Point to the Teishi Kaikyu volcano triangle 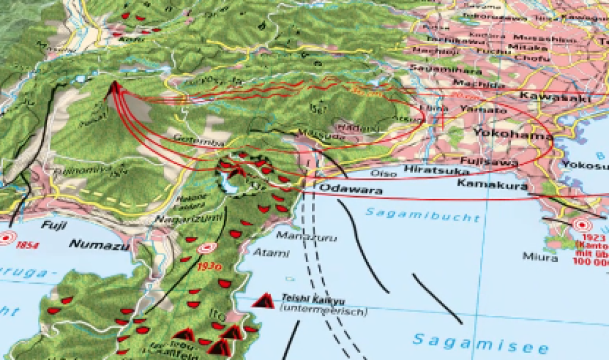[263, 300]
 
